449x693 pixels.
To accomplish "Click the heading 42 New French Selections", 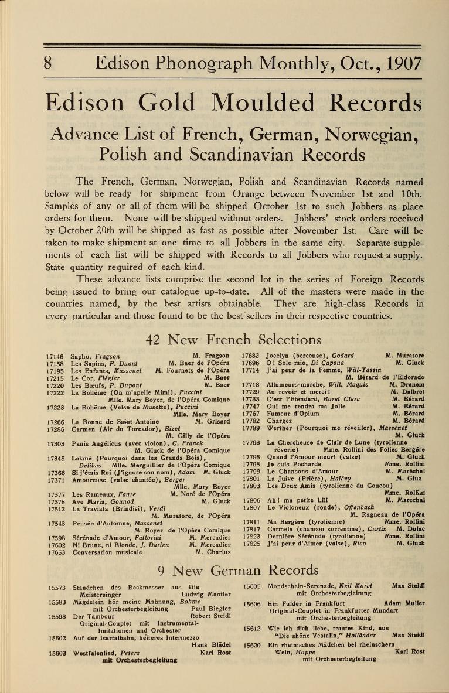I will (233, 339).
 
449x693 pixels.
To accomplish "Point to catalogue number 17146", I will (55, 356).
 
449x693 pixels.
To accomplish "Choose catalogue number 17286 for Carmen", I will (55, 429).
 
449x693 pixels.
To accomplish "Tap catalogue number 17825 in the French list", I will (251, 544).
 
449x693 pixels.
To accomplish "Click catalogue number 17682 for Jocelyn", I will (251, 356).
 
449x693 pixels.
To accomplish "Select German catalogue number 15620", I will (253, 644).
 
